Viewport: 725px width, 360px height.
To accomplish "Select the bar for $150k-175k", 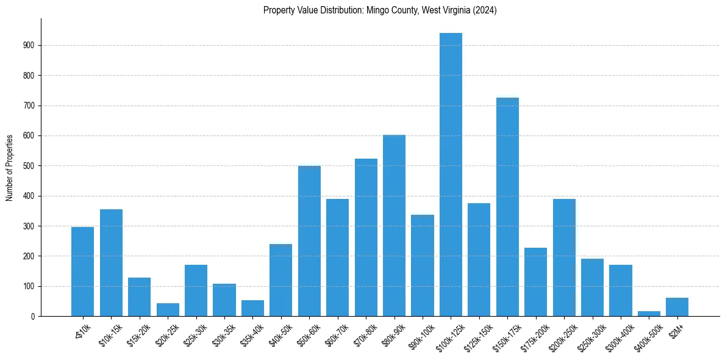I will click(507, 207).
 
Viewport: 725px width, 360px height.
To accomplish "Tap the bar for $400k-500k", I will click(649, 314).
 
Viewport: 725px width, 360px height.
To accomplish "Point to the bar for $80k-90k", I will click(394, 226).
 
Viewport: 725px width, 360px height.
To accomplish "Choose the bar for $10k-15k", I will click(111, 263).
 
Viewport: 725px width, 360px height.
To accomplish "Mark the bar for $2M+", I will click(677, 307).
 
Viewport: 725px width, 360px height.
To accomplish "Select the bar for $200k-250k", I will click(564, 257).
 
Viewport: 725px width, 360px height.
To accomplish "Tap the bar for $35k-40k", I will click(252, 308).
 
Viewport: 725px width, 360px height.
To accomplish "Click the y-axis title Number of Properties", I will click(9, 167).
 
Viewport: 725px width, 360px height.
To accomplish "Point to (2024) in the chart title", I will click(485, 10).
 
